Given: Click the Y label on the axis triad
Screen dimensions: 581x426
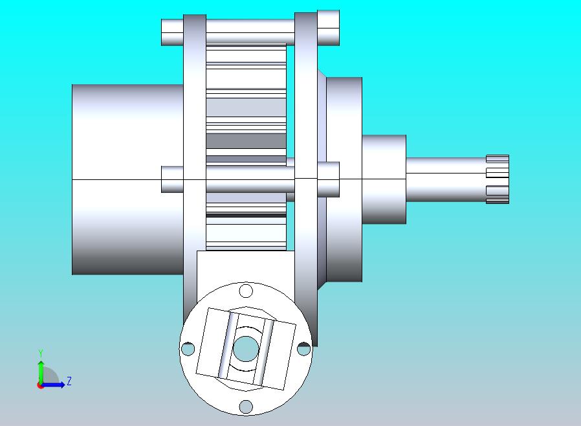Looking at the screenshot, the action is click(x=41, y=353).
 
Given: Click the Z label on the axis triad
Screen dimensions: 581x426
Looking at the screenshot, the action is click(x=69, y=381).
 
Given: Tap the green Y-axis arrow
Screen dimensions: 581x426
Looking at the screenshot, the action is click(x=41, y=372).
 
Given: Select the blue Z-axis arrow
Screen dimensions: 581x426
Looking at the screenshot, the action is click(x=52, y=385).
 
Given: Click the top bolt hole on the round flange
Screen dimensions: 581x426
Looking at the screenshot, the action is click(x=246, y=291).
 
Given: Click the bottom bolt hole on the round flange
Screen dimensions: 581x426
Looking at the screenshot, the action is click(x=246, y=407).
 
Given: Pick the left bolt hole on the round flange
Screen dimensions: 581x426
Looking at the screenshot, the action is click(x=188, y=348).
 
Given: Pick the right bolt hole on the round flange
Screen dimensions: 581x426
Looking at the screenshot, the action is click(x=304, y=348).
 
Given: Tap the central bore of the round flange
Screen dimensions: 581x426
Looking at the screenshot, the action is click(x=245, y=348).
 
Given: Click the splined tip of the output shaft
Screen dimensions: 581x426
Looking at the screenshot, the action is click(x=498, y=179).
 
